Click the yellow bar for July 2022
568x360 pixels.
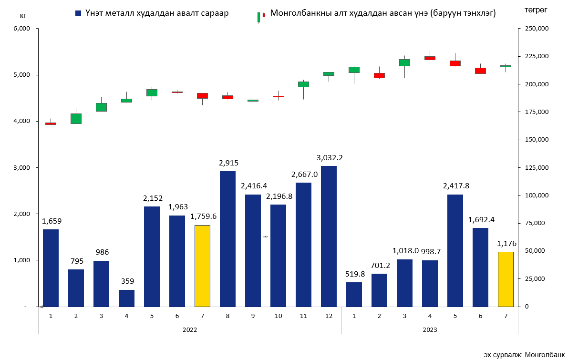(202, 266)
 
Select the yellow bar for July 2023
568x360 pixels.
(506, 279)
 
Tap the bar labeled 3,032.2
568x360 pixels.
(329, 236)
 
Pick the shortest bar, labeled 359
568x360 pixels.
(126, 298)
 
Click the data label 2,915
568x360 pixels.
(228, 163)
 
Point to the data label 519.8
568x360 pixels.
(354, 274)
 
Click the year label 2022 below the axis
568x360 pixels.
(190, 329)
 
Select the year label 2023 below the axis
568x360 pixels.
(430, 329)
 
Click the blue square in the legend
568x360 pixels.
(78, 14)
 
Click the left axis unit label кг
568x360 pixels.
(23, 15)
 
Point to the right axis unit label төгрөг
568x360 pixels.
(536, 10)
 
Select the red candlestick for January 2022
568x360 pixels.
(51, 123)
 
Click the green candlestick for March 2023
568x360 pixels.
(404, 62)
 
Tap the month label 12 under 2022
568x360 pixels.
(329, 316)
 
